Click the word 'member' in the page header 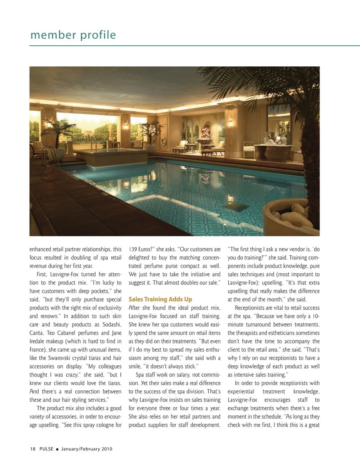click(53, 35)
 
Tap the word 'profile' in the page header click(98, 35)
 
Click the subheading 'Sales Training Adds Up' click(160, 299)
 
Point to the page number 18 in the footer click(33, 449)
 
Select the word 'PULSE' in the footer click(46, 449)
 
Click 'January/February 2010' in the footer click(87, 449)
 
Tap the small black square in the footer click(57, 449)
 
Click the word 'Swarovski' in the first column click(66, 358)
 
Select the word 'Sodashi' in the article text click(111, 325)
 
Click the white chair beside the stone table click(248, 149)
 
